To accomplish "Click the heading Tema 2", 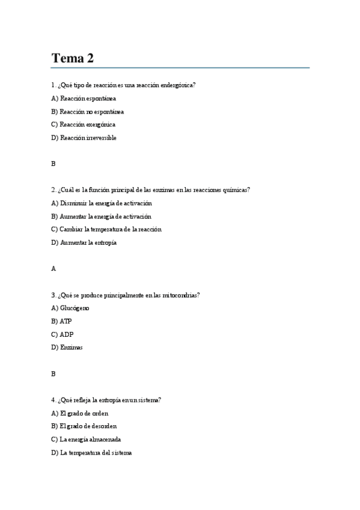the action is point(72,58).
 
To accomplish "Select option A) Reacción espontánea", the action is point(84,98).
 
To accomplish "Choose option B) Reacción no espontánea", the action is point(88,111).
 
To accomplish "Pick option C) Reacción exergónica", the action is point(84,124).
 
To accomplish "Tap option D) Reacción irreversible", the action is point(84,138).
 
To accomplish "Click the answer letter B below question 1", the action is point(53,164).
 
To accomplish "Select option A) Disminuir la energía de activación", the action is point(102,203).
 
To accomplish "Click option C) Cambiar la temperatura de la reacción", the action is point(106,229).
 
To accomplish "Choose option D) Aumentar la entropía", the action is point(84,242).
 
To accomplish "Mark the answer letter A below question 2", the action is point(53,269).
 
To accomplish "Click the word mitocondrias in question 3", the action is point(179,295).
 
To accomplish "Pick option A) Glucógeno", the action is point(70,308).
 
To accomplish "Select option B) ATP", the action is point(62,321).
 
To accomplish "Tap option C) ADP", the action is point(62,334).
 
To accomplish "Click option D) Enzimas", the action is point(67,348).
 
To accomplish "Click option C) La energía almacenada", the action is point(87,439).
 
